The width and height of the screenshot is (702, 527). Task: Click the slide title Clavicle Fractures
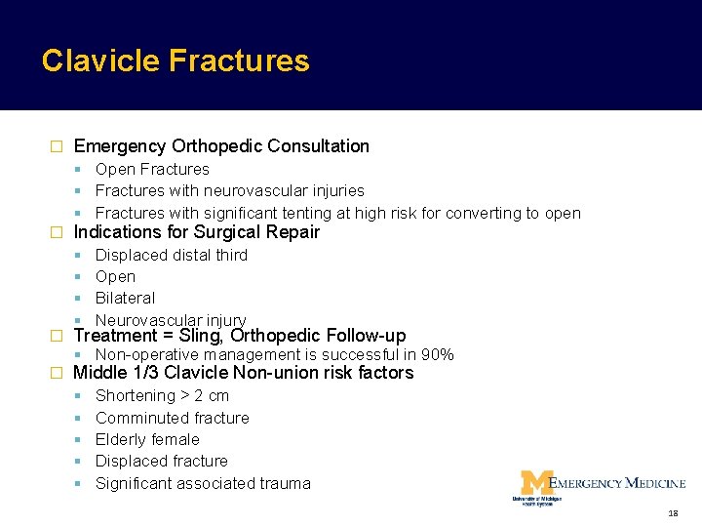pos(175,61)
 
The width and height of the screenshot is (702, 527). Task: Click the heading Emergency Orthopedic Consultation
pos(221,146)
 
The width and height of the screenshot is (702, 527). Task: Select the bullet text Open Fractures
pos(152,170)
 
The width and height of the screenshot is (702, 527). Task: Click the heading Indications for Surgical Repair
pos(196,232)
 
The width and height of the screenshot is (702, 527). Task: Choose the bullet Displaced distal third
pos(172,256)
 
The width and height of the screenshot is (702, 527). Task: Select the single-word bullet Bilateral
pos(125,299)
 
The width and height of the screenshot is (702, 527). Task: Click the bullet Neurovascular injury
pos(171,320)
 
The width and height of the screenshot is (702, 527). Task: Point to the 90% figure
pos(437,355)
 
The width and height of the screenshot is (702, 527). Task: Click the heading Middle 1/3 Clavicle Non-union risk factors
pos(243,373)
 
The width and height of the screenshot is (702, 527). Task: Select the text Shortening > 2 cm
pos(162,396)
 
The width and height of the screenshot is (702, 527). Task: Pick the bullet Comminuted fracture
pos(172,419)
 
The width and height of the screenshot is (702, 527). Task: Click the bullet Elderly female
pos(147,440)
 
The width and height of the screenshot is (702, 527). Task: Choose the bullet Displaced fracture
pos(162,462)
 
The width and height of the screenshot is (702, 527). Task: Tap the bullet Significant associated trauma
pos(203,484)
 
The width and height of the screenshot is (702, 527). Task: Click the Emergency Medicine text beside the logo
pos(618,483)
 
